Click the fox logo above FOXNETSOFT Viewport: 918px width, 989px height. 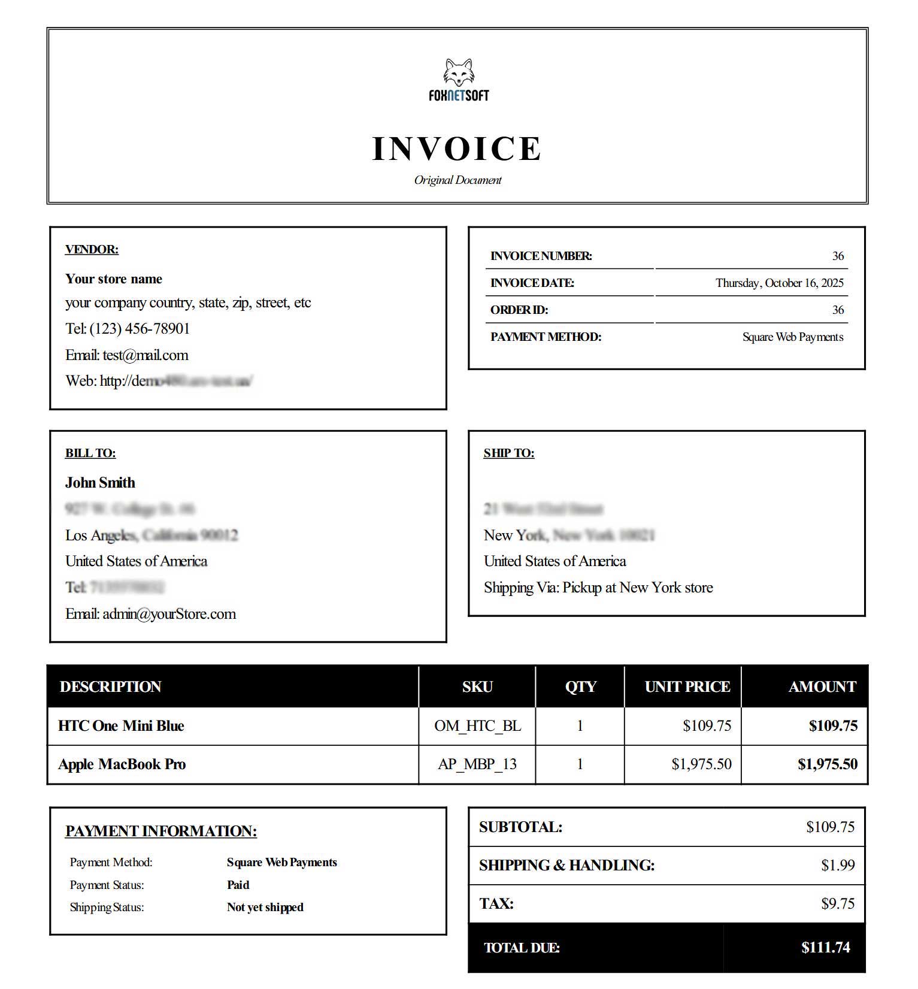pos(459,72)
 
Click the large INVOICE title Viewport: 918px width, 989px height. pos(457,149)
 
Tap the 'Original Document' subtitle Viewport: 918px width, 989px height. pos(458,180)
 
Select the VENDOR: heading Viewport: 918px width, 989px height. pos(92,249)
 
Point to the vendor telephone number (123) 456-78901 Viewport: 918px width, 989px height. pos(140,329)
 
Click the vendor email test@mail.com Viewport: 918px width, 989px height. pos(146,355)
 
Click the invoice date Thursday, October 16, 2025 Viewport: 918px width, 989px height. pos(779,283)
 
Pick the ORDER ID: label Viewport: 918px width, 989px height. pos(519,310)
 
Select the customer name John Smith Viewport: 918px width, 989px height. pos(100,483)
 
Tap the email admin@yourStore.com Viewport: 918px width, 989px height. pos(169,614)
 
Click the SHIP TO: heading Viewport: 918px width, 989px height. pos(509,453)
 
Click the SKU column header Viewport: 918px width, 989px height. pos(477,686)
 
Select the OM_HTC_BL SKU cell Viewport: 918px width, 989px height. pos(477,726)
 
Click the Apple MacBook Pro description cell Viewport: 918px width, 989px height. pos(122,764)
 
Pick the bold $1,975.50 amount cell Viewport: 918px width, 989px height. pos(828,764)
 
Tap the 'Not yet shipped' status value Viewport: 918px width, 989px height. pos(265,908)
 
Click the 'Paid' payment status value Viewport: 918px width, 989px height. pos(238,885)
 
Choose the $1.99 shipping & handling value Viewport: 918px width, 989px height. pos(838,865)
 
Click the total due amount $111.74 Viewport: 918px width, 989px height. pos(826,948)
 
